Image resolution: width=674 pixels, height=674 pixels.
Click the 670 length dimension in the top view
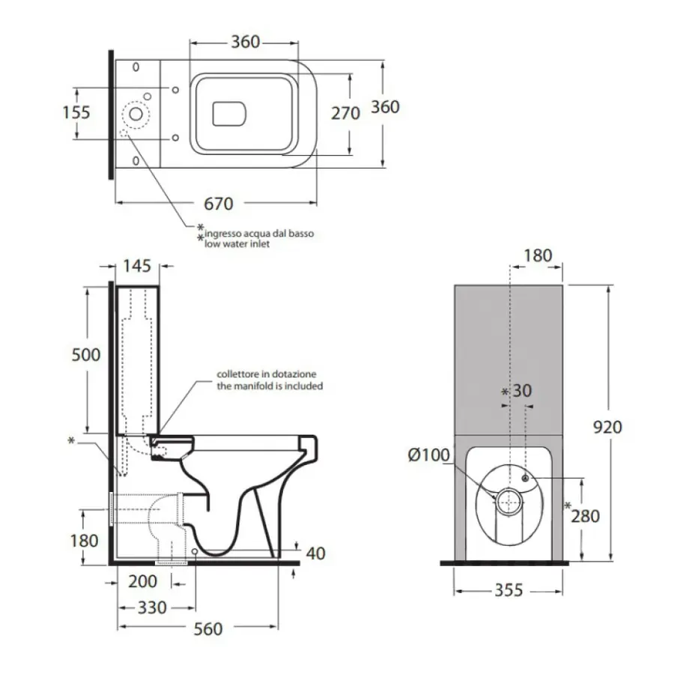pyautogui.click(x=218, y=204)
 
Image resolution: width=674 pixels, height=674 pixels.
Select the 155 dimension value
pyautogui.click(x=76, y=112)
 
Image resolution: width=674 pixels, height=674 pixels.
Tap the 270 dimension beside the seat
pyautogui.click(x=345, y=113)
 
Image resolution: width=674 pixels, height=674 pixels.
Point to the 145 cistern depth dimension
pyautogui.click(x=136, y=265)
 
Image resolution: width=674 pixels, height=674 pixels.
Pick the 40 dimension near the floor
pyautogui.click(x=316, y=553)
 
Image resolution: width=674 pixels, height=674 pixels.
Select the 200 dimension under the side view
pyautogui.click(x=142, y=581)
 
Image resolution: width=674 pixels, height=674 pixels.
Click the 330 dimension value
pyautogui.click(x=152, y=607)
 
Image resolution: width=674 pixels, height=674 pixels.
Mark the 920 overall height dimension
pyautogui.click(x=607, y=427)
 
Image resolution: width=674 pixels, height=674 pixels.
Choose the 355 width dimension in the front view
pyautogui.click(x=508, y=591)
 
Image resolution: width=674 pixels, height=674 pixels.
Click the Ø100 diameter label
pyautogui.click(x=428, y=455)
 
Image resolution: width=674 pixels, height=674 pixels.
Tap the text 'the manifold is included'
pyautogui.click(x=270, y=386)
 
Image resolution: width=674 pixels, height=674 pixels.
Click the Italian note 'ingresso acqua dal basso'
pyautogui.click(x=258, y=234)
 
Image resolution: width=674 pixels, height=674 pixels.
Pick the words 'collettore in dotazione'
pyautogui.click(x=267, y=374)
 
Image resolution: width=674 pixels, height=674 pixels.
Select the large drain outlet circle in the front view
pyautogui.click(x=509, y=501)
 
